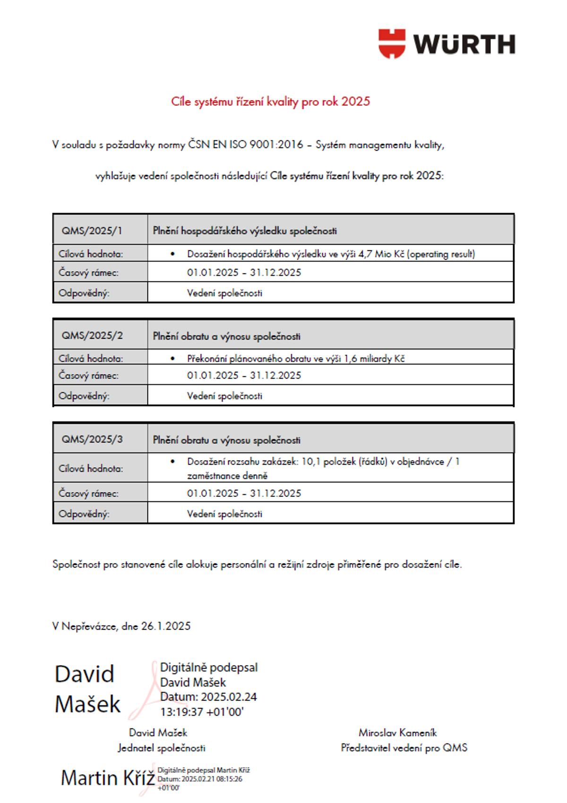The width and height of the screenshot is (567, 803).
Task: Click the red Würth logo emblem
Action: (392, 43)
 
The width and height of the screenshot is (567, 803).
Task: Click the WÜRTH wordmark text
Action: (464, 45)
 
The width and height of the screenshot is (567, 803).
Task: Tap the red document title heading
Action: (270, 102)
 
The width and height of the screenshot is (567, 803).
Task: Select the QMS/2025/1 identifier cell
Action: (92, 231)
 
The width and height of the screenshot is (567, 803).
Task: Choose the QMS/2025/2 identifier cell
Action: (92, 335)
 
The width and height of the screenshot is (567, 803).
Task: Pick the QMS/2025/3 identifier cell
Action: (92, 439)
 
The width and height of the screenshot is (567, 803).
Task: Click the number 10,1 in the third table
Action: (311, 461)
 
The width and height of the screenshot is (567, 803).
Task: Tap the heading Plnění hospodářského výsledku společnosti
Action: (245, 231)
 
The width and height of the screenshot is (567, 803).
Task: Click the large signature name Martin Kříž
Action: (108, 777)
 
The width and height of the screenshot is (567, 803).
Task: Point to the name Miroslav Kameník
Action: (397, 733)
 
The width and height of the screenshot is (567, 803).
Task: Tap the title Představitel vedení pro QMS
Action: (404, 748)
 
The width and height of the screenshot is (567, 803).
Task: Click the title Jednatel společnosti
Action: (162, 748)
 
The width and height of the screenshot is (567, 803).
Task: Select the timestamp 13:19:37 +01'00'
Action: (202, 712)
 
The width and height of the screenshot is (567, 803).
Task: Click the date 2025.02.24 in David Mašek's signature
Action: (229, 697)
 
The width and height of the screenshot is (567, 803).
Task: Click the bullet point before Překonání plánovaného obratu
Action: (173, 359)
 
